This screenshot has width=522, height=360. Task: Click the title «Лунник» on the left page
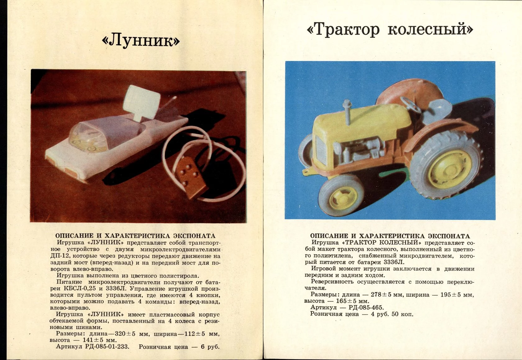(x=141, y=41)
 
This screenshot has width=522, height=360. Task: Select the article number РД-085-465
(x=366, y=307)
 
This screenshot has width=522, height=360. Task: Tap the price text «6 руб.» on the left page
(x=210, y=347)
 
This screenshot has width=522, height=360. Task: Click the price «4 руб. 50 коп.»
(x=392, y=314)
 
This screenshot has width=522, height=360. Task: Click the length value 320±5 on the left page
(x=125, y=334)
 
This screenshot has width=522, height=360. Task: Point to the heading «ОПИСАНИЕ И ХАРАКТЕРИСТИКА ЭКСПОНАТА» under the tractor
(x=390, y=236)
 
